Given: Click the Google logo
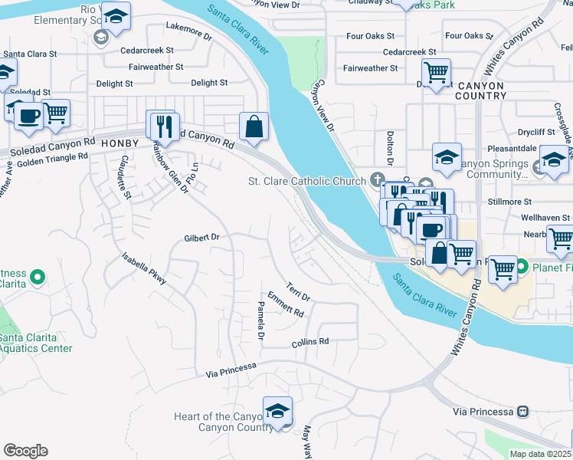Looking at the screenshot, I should [25, 451].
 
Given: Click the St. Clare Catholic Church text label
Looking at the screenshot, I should [306, 182].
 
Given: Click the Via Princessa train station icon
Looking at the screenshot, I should [523, 411].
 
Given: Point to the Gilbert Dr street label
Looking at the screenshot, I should [201, 238].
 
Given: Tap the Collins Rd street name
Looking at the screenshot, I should [310, 342].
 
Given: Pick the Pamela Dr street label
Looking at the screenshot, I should [260, 321].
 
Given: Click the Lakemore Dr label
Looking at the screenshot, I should [188, 31].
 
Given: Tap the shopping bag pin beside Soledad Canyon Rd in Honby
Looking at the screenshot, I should [254, 127].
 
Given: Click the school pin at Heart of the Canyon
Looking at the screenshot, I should [277, 410].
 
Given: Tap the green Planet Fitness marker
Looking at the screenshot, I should [522, 268].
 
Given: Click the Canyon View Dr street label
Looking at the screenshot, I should [326, 107].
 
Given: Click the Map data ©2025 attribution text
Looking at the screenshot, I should [540, 454].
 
